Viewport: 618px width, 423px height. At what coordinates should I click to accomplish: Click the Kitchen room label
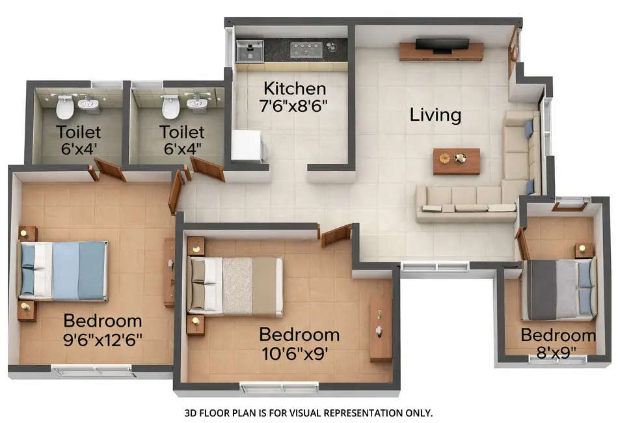click(x=294, y=89)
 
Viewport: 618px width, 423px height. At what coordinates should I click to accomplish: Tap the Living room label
click(x=435, y=115)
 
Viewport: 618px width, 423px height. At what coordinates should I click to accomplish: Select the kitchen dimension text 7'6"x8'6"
click(x=294, y=105)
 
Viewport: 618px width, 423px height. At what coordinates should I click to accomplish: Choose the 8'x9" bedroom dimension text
click(x=558, y=351)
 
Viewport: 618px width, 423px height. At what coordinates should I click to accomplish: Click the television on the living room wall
click(x=442, y=45)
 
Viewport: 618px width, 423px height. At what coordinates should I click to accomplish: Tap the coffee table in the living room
click(x=457, y=161)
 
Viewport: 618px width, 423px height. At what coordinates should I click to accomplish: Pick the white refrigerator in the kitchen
click(x=247, y=145)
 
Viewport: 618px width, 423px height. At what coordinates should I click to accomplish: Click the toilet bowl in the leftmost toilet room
click(x=65, y=107)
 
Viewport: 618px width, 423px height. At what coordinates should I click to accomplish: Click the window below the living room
click(x=435, y=266)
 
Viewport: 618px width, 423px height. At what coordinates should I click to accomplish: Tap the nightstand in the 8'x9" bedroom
click(x=584, y=251)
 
